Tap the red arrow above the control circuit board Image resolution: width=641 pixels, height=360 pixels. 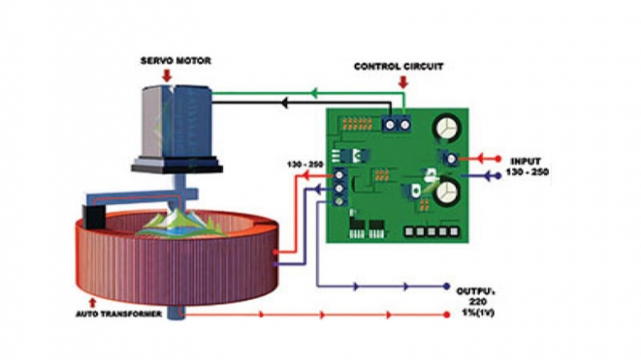click(402, 81)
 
